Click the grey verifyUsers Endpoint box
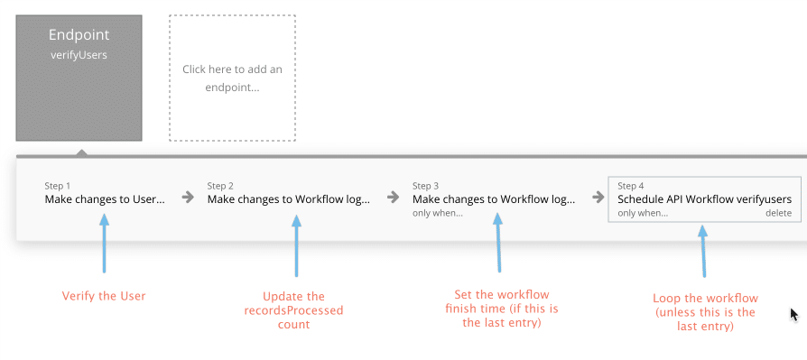(x=79, y=78)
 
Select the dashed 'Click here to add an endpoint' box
(x=232, y=78)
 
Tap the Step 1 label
(x=58, y=186)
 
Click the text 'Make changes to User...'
(x=105, y=199)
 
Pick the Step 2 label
(x=220, y=186)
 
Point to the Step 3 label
(x=425, y=186)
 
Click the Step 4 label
(x=631, y=186)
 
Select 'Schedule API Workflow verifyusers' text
(x=704, y=199)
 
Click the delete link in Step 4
(x=778, y=214)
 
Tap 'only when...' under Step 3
(x=437, y=214)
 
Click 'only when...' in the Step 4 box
(x=643, y=214)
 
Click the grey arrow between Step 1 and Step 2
(x=188, y=197)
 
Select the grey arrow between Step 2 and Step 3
(x=393, y=197)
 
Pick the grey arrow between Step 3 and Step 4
(x=598, y=197)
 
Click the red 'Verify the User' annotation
(x=104, y=296)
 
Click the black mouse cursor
(x=794, y=315)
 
